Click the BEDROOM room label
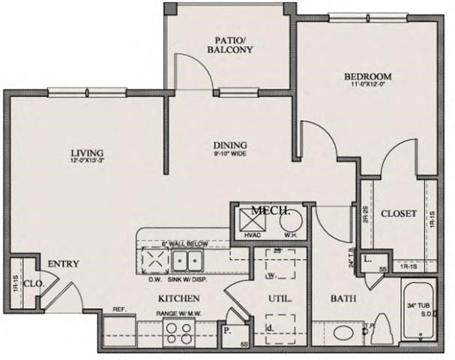click(x=368, y=76)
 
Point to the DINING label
click(x=230, y=145)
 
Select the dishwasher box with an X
click(x=154, y=261)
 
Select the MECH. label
click(x=271, y=211)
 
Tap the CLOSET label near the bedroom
click(x=398, y=214)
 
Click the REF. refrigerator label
click(x=118, y=309)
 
